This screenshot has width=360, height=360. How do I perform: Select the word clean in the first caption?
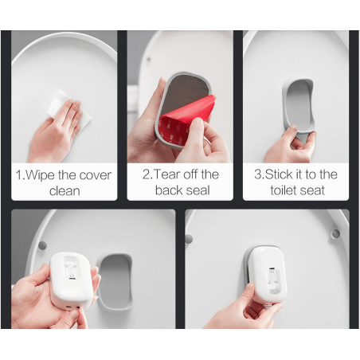pos(65,191)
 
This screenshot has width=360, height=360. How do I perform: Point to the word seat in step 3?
pos(315,190)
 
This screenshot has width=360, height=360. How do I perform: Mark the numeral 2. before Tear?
pos(147,174)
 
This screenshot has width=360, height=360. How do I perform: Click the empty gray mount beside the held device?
pos(116,279)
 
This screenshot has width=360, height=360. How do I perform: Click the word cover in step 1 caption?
pos(89,175)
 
